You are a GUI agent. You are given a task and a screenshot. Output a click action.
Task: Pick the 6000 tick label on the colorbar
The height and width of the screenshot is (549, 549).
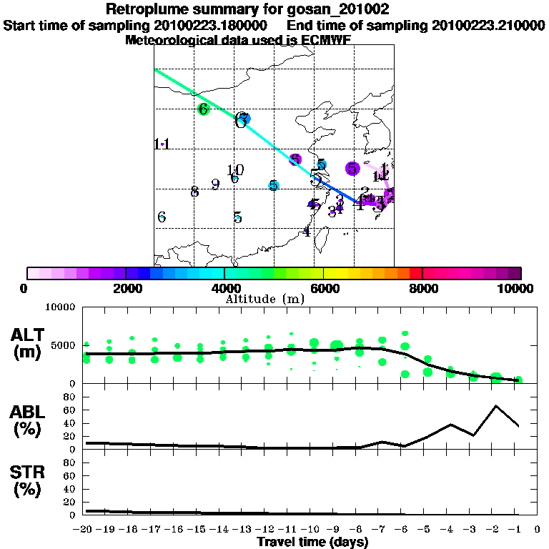click(x=324, y=288)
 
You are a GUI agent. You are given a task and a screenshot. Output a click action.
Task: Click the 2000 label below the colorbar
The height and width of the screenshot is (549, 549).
click(x=126, y=288)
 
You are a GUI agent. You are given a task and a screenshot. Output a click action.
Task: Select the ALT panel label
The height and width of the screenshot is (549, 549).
click(x=28, y=343)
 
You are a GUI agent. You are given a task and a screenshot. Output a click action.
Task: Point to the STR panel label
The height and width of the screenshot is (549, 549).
click(x=28, y=481)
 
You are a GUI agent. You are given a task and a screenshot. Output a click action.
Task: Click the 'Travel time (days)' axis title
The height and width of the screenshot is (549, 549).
click(x=312, y=543)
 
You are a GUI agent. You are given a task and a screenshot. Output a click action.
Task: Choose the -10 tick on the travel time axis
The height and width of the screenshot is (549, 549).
click(x=312, y=530)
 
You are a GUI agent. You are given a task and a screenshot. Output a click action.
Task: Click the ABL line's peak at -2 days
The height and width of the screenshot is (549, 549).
click(x=495, y=406)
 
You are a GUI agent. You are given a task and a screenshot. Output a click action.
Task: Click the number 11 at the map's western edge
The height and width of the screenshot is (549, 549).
click(x=162, y=144)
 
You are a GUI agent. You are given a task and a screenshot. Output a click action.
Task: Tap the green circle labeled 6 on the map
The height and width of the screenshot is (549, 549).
click(x=204, y=109)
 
